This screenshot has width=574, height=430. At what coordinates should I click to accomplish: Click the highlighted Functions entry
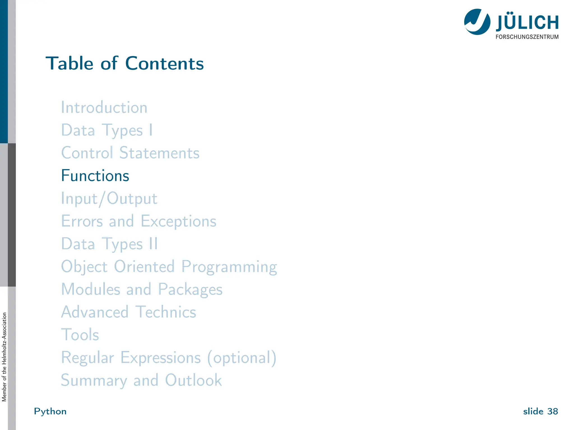tap(95, 176)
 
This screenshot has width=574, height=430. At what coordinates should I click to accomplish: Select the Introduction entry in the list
tap(104, 107)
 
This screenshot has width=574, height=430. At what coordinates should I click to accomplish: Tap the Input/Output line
tap(109, 199)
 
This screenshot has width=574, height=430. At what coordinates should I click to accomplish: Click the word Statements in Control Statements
tap(159, 153)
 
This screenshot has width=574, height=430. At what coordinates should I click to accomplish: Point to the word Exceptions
tap(178, 221)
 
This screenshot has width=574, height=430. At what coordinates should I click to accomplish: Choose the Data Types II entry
tap(109, 244)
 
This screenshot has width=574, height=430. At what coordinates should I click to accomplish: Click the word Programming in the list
tap(229, 267)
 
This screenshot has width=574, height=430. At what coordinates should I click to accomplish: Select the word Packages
tap(190, 289)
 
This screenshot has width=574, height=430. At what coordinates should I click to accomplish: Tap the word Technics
tap(166, 312)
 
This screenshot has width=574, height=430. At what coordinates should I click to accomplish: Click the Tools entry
tap(80, 335)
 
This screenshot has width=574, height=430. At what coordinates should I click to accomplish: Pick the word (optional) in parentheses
tap(242, 358)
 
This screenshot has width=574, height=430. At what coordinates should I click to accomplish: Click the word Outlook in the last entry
tap(193, 380)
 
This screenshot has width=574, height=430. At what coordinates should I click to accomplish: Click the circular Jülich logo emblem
tap(477, 22)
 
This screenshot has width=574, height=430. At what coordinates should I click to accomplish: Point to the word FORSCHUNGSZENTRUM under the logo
tap(527, 37)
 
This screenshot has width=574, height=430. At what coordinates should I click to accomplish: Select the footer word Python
tap(50, 412)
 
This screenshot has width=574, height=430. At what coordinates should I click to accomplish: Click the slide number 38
tap(552, 412)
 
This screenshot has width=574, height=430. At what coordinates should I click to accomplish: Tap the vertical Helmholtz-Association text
tap(4, 357)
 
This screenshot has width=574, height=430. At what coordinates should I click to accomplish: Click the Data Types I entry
tap(107, 130)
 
